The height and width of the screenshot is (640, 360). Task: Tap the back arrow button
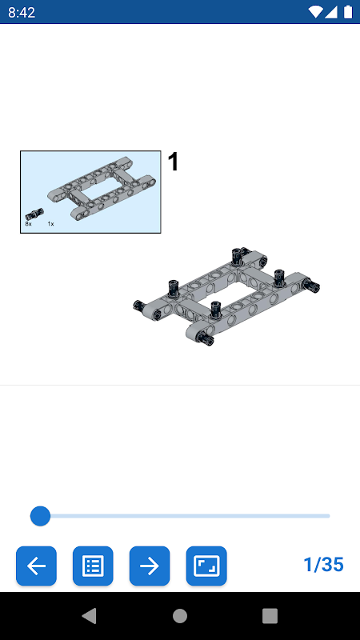tap(36, 566)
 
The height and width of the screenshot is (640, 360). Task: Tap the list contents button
tap(93, 566)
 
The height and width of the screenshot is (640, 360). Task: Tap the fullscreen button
tap(206, 566)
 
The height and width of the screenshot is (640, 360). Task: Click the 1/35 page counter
tap(324, 565)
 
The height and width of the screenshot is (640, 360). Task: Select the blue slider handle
tap(41, 516)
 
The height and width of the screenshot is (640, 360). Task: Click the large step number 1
tap(174, 162)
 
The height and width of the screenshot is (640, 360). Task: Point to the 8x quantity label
tap(28, 224)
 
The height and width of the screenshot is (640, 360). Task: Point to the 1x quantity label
tap(50, 224)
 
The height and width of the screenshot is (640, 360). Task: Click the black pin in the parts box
tap(34, 214)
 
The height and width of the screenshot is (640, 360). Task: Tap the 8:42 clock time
tap(22, 12)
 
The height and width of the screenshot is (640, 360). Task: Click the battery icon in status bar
tap(348, 12)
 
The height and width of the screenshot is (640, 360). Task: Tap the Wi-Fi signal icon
tap(315, 12)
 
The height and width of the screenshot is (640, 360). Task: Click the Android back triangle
tap(90, 615)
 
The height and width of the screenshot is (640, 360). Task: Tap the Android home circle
tap(180, 616)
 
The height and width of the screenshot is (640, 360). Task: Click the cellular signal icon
tap(331, 12)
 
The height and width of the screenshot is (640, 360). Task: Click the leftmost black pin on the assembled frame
tap(140, 306)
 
